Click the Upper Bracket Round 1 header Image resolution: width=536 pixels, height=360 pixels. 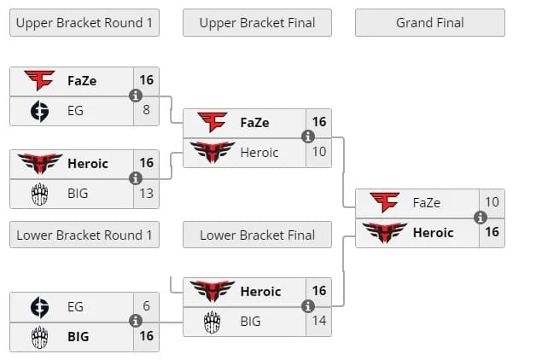click(x=84, y=23)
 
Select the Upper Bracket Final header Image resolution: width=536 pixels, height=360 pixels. click(x=257, y=23)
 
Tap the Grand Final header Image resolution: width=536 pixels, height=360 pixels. click(x=429, y=23)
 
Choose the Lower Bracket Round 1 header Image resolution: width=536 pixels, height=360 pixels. click(x=84, y=235)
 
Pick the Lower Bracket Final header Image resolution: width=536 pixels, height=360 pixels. click(x=257, y=235)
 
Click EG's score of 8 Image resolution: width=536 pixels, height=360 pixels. click(x=147, y=110)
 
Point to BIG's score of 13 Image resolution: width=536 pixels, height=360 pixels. click(x=147, y=194)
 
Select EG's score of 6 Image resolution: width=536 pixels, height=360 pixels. click(x=147, y=306)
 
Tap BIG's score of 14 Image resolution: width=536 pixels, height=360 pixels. click(x=319, y=322)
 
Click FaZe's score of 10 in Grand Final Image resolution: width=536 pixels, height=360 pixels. click(x=492, y=202)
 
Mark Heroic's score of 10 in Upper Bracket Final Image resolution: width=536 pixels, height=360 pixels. click(x=319, y=153)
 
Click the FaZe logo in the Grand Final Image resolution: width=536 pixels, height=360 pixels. click(x=384, y=202)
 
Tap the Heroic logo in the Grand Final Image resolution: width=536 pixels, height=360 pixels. click(x=384, y=232)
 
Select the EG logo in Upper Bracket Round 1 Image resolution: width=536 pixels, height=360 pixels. click(x=39, y=110)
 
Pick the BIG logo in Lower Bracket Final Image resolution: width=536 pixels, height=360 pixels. click(x=212, y=322)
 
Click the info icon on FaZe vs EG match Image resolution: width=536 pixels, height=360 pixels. click(x=135, y=96)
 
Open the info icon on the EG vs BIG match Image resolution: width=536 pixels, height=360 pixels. click(x=135, y=321)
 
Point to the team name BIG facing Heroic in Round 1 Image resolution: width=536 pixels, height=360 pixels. click(x=78, y=194)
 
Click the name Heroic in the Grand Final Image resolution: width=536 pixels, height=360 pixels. click(x=434, y=232)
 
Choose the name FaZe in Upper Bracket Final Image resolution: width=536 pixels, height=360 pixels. click(x=254, y=122)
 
